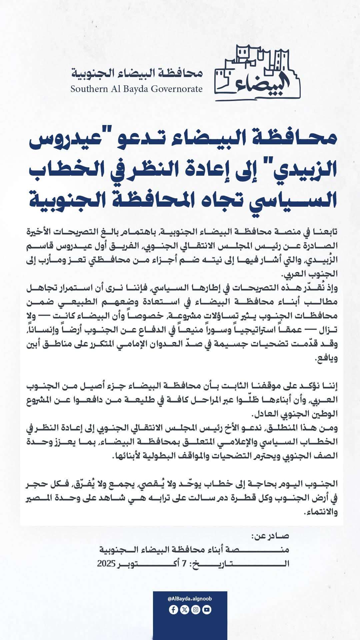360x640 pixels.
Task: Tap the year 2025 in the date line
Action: pyautogui.click(x=106, y=564)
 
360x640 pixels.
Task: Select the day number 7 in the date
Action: pyautogui.click(x=184, y=564)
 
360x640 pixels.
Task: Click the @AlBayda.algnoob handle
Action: pyautogui.click(x=190, y=599)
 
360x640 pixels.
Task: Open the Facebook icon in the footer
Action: pyautogui.click(x=173, y=610)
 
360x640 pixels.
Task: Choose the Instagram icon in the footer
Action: pyautogui.click(x=196, y=610)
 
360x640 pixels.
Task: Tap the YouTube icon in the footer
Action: pyautogui.click(x=207, y=610)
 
